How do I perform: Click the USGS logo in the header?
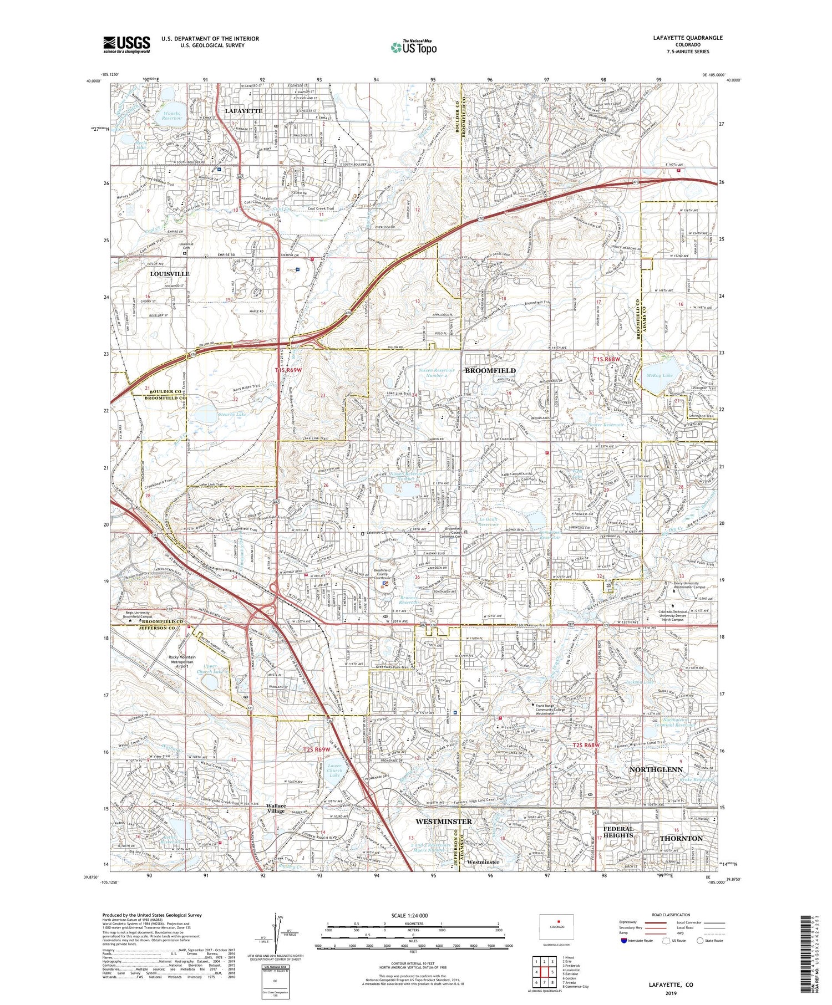[126, 44]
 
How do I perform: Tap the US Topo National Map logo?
[413, 48]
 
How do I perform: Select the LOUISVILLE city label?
[170, 274]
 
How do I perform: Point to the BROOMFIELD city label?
[490, 370]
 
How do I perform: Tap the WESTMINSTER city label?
[443, 821]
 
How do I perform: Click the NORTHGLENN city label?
[656, 769]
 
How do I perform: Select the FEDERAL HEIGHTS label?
[618, 831]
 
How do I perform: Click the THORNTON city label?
[681, 838]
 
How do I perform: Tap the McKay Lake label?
[659, 375]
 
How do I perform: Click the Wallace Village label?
[276, 808]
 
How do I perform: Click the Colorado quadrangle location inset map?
[557, 926]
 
